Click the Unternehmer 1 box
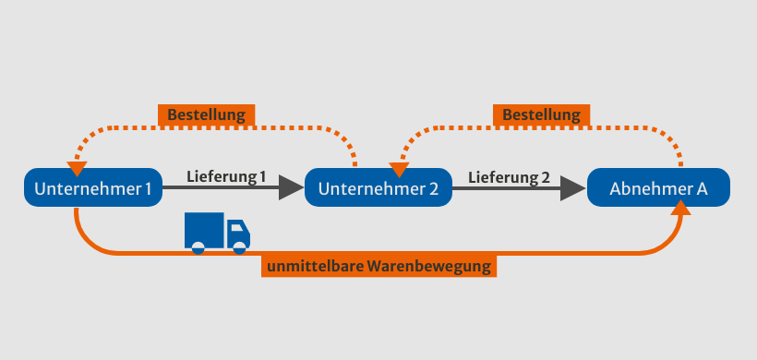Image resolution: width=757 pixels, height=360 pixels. (93, 188)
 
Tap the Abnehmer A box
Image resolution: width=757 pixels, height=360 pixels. (658, 188)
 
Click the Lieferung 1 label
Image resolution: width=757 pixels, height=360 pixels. (225, 175)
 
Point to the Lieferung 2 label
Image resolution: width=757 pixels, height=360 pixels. (508, 175)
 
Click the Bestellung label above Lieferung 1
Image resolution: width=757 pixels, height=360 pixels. (207, 115)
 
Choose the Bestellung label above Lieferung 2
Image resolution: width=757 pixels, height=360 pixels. (542, 115)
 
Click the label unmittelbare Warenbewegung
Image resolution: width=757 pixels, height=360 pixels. (379, 268)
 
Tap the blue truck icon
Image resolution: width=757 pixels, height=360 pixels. (217, 232)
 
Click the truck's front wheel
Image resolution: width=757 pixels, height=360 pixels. (239, 246)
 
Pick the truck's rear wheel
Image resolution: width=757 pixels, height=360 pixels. (197, 246)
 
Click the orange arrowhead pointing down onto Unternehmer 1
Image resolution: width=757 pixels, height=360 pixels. (78, 170)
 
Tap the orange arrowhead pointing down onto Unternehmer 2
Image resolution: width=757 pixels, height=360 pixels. (398, 171)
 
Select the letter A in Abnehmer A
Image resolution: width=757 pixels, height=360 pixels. (702, 189)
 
